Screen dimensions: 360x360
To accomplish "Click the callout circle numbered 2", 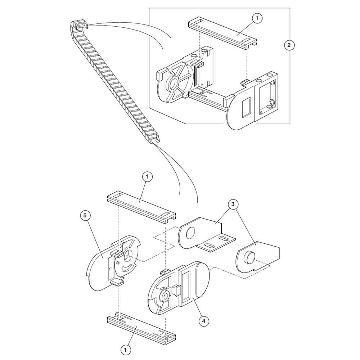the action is [x=289, y=45].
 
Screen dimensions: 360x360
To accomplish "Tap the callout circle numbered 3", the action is [x=233, y=204].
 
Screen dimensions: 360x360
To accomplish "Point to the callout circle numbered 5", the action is [x=86, y=216].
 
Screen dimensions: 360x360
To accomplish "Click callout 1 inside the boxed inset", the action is [x=257, y=18].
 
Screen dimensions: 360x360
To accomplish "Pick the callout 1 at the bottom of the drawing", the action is [x=126, y=350].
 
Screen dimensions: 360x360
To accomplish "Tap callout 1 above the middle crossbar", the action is [x=147, y=177].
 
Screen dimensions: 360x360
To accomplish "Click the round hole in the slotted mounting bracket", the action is [x=190, y=234].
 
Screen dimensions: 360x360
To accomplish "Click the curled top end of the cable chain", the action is [x=79, y=25].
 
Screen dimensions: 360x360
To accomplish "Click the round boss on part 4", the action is [x=165, y=295].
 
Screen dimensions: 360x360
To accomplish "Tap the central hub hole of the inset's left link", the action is [x=174, y=84].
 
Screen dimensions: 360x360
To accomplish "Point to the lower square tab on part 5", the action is [x=117, y=282].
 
